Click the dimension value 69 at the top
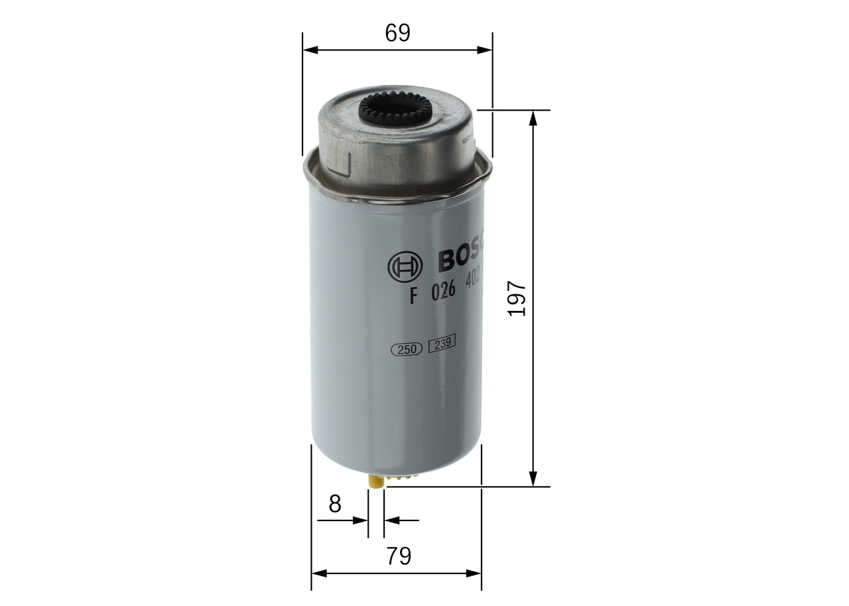(397, 33)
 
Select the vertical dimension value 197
(517, 298)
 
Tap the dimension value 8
(335, 504)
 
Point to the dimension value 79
(398, 556)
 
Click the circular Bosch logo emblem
(405, 268)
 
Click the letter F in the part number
(413, 296)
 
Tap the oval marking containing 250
(407, 350)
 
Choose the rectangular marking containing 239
(441, 345)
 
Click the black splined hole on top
(395, 109)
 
